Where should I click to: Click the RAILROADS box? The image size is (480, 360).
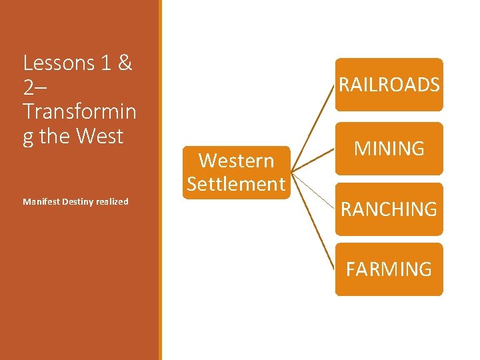click(x=389, y=85)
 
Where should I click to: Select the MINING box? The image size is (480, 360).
click(x=389, y=148)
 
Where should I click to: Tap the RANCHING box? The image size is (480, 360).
click(x=389, y=209)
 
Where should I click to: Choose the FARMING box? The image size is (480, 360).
click(x=389, y=269)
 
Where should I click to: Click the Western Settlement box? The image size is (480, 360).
click(x=237, y=172)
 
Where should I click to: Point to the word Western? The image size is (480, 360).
click(x=237, y=161)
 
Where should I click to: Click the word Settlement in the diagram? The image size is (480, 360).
click(x=237, y=184)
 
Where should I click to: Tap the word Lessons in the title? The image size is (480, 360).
click(x=59, y=63)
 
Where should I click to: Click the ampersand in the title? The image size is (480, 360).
click(x=125, y=63)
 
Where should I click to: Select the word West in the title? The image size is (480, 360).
click(x=100, y=136)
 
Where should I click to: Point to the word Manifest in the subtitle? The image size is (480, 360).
click(x=40, y=201)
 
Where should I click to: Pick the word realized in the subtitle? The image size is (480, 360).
click(x=111, y=201)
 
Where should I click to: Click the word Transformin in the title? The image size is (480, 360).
click(x=79, y=111)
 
